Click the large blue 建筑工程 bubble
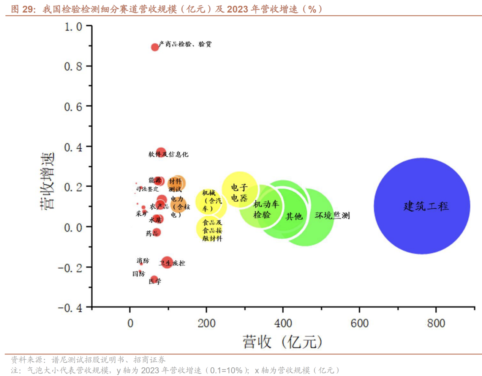[422, 206]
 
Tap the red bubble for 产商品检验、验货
[155, 47]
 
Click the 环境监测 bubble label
[332, 216]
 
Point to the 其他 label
[294, 216]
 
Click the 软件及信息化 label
[168, 154]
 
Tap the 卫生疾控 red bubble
[167, 262]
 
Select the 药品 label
[152, 233]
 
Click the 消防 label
[143, 261]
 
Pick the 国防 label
[138, 274]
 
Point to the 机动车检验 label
[265, 209]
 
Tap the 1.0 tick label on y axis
[73, 27]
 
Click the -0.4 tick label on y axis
[70, 307]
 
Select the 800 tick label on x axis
[436, 323]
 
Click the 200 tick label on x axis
[206, 323]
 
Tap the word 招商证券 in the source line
[149, 359]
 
